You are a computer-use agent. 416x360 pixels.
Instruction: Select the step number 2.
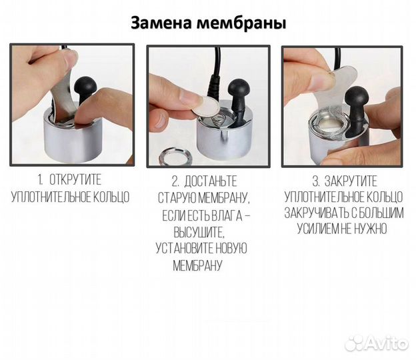[175, 181]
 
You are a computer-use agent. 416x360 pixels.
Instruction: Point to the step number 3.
[315, 181]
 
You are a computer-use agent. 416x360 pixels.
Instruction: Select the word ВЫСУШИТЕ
[199, 232]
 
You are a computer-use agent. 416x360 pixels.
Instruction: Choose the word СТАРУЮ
[180, 198]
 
